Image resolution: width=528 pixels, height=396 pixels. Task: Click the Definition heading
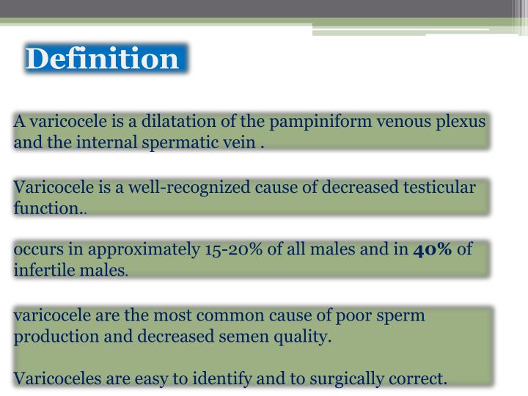click(x=102, y=59)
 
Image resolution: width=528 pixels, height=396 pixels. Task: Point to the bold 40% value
click(x=433, y=249)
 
